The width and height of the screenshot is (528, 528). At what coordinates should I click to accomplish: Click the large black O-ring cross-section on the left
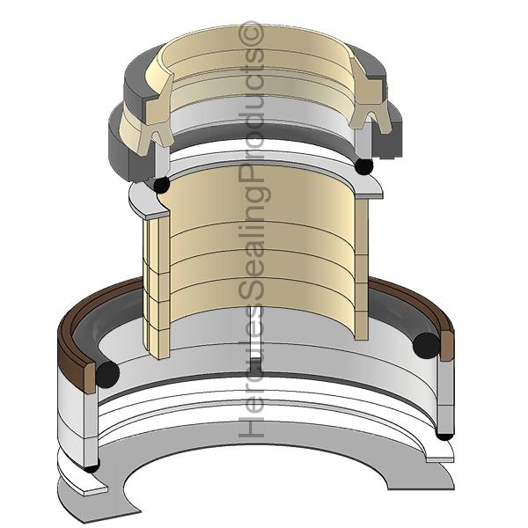(107, 373)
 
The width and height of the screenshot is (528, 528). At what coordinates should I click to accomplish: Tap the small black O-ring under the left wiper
(161, 185)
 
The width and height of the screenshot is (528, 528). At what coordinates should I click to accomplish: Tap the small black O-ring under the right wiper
(363, 165)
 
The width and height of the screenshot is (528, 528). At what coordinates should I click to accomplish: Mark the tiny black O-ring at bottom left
(92, 467)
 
